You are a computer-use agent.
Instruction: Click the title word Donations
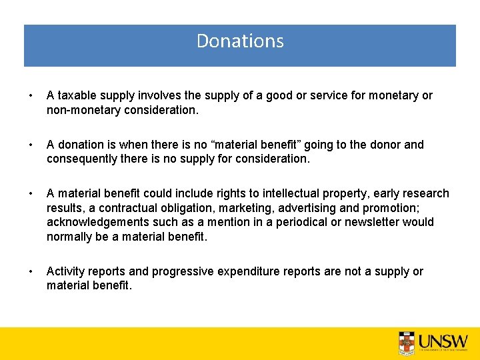coord(240,41)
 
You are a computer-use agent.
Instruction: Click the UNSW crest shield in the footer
coord(407,342)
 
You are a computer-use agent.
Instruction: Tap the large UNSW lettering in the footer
coord(443,341)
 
